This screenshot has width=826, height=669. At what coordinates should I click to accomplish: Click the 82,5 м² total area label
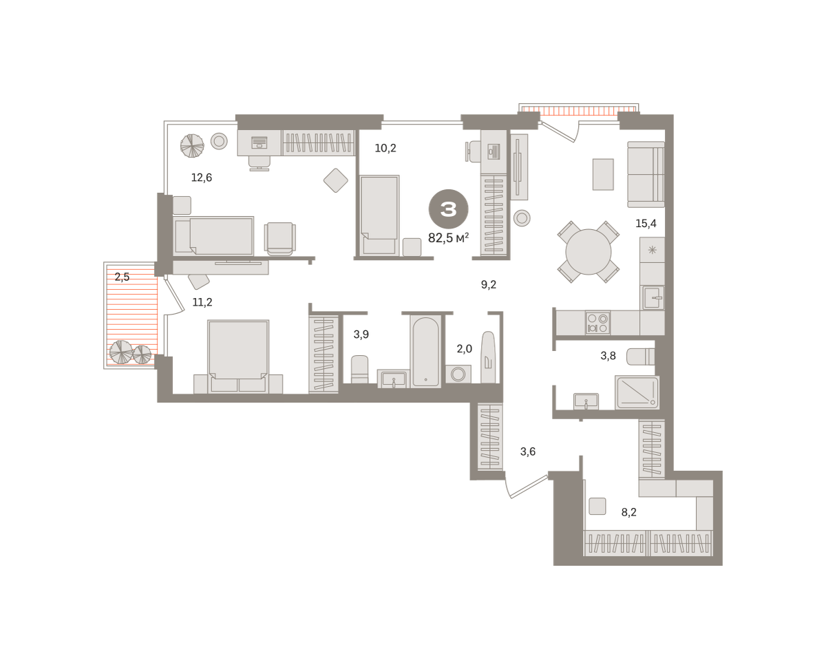[448, 237]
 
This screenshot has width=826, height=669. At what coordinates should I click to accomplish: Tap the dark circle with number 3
[448, 209]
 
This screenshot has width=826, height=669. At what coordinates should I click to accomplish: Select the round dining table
[588, 252]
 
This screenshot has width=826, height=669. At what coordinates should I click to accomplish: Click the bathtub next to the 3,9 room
[425, 352]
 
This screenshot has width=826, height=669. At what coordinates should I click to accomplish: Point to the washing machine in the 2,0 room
[458, 374]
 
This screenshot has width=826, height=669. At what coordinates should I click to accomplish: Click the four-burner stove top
[597, 323]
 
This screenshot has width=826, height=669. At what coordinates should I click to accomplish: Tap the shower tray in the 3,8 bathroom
[637, 392]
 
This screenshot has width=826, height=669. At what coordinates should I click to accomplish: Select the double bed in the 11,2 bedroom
[238, 357]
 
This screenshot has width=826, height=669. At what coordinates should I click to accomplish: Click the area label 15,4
[646, 224]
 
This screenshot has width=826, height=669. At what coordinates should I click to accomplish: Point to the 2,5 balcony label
[122, 277]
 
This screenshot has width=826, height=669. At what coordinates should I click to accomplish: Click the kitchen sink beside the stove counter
[653, 298]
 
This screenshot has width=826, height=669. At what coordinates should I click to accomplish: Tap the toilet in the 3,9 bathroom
[359, 370]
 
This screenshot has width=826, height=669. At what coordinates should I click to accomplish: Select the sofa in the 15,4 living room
[646, 175]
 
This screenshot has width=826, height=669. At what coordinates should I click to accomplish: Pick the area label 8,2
[628, 512]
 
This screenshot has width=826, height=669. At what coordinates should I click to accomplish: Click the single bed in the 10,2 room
[379, 215]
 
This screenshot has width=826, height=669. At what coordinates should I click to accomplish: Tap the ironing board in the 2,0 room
[488, 357]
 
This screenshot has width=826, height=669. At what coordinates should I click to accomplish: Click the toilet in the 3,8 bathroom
[640, 357]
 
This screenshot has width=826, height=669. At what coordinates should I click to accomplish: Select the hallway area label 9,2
[488, 285]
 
